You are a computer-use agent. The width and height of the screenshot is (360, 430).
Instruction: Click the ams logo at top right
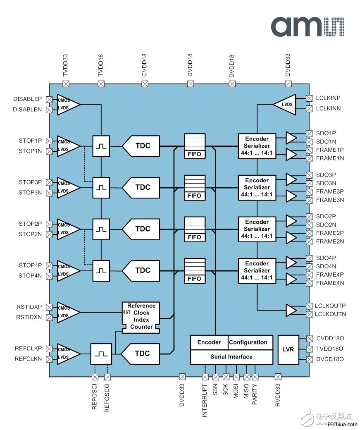click(x=308, y=26)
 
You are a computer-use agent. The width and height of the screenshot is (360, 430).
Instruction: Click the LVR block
click(x=288, y=350)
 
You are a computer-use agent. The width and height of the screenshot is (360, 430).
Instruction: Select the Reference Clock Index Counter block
click(x=141, y=318)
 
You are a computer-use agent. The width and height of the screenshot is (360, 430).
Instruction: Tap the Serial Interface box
click(x=232, y=357)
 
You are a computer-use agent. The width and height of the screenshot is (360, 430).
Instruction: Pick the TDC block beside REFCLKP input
click(x=140, y=354)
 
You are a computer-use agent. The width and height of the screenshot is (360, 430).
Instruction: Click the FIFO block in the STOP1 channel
click(x=194, y=146)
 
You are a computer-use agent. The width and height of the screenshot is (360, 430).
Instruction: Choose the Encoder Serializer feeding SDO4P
click(x=257, y=271)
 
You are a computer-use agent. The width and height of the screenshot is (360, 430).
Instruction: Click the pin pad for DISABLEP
click(x=49, y=100)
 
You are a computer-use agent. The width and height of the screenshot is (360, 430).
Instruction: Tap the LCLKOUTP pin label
click(x=330, y=306)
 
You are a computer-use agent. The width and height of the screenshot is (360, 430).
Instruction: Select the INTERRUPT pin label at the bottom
click(x=205, y=400)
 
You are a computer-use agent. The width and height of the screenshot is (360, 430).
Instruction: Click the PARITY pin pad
click(x=255, y=377)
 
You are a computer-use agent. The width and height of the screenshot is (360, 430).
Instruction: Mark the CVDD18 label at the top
click(x=145, y=65)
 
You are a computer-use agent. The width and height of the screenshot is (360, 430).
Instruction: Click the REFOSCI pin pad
click(x=95, y=377)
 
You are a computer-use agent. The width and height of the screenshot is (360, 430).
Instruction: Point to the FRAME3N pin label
click(x=330, y=200)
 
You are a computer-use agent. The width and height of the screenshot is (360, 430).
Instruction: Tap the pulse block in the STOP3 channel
click(x=101, y=188)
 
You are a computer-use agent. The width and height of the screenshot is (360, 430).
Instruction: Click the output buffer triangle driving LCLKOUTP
click(x=291, y=311)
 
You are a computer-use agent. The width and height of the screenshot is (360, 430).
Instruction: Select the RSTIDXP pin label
click(x=29, y=307)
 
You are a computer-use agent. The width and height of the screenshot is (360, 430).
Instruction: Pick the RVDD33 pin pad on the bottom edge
click(x=278, y=377)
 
